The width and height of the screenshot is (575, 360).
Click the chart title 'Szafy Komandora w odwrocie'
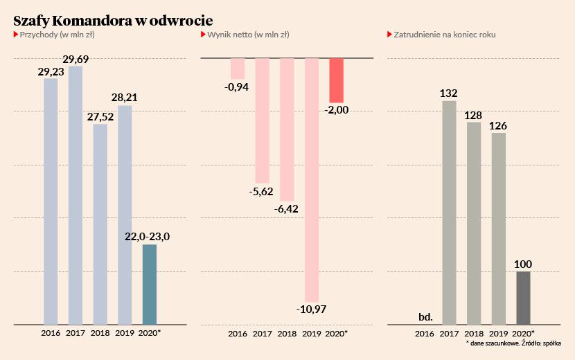click(113, 20)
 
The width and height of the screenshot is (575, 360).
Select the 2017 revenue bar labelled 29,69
click(76, 195)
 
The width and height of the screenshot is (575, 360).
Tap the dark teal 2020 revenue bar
click(149, 284)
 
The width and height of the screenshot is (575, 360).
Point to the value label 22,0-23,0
click(147, 237)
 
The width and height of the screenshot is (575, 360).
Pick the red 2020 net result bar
click(336, 80)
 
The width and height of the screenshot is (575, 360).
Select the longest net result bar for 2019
click(312, 179)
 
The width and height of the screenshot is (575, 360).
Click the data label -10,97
click(312, 309)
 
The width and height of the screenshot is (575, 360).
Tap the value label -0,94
click(237, 87)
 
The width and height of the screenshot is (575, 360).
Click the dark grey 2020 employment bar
click(523, 298)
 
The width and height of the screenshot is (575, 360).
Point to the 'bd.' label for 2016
click(426, 317)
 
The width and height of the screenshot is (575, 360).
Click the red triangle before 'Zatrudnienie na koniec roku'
click(389, 34)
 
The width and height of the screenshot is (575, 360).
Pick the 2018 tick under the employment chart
click(474, 334)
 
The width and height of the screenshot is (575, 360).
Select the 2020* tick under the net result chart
click(336, 334)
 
